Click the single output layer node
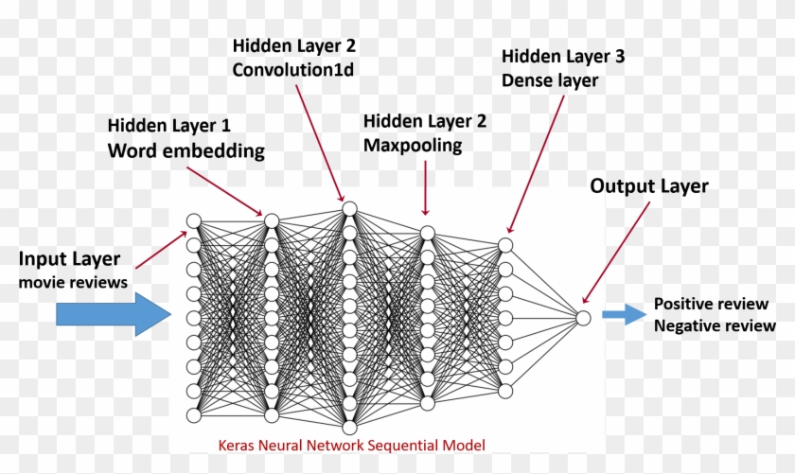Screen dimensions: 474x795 tap(583, 318)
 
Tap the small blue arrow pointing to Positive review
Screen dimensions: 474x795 tap(622, 316)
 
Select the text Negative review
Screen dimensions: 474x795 tap(715, 326)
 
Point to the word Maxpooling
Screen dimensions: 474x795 tap(413, 145)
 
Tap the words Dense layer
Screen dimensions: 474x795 tap(550, 80)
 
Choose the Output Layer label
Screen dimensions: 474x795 tap(648, 186)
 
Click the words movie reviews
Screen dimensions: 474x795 tap(72, 282)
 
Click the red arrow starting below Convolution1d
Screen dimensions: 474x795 tap(320, 142)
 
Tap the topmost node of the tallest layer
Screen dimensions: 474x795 tap(349, 208)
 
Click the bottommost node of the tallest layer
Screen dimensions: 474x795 tap(349, 429)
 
